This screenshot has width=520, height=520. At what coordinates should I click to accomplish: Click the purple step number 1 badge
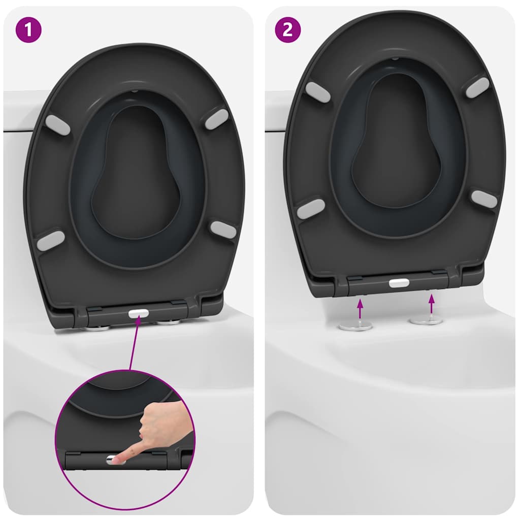click(x=29, y=30)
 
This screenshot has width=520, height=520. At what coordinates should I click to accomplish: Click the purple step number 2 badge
click(x=287, y=30)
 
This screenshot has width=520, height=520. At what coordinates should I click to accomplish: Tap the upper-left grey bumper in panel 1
click(x=57, y=125)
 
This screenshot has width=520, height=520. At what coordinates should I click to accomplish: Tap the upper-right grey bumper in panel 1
click(x=216, y=119)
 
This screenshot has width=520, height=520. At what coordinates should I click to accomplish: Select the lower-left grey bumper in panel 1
click(x=51, y=241)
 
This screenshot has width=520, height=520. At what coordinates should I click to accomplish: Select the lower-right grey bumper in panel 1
click(x=223, y=230)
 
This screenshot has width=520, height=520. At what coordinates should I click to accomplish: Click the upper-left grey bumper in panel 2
click(x=318, y=92)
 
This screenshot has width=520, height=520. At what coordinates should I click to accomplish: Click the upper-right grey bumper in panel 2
click(x=477, y=87)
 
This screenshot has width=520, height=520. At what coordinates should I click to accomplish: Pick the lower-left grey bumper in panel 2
click(x=311, y=209)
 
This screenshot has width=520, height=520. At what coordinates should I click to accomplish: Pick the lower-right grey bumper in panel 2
click(x=484, y=199)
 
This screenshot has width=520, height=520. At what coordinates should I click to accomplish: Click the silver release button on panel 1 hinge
click(x=138, y=314)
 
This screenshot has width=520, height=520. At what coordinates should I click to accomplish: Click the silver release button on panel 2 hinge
click(x=399, y=283)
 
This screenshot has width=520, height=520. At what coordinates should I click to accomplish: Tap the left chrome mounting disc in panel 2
click(x=355, y=326)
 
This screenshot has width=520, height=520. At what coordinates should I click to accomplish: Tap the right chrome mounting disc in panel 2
click(x=426, y=320)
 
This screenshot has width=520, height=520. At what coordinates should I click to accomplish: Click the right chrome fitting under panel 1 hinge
click(x=168, y=322)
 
